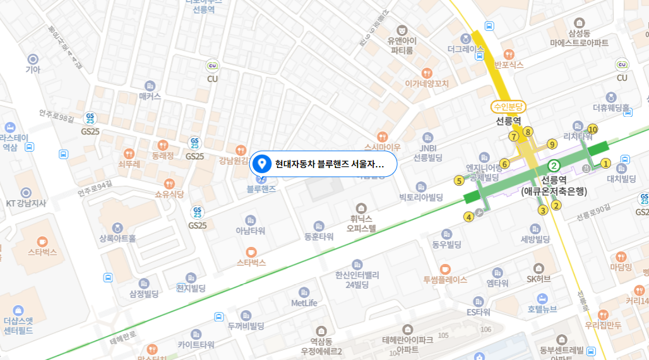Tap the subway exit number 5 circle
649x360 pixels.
tap(459, 181)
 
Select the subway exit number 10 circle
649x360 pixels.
tap(592, 129)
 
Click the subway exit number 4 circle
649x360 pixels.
tap(468, 217)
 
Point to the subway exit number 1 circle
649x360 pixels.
tap(605, 164)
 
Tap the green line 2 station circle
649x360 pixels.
tap(554, 166)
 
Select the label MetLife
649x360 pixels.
tap(304, 303)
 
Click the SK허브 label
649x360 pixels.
tap(539, 279)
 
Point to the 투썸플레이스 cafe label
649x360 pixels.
tap(445, 279)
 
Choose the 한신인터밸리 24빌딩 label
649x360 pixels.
tap(357, 279)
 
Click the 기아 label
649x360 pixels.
tap(32, 69)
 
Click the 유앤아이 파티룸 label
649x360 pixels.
tap(402, 45)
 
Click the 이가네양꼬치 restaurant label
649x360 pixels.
tap(427, 83)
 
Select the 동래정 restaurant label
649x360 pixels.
tap(163, 154)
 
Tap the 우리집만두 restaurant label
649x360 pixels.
tap(603, 325)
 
